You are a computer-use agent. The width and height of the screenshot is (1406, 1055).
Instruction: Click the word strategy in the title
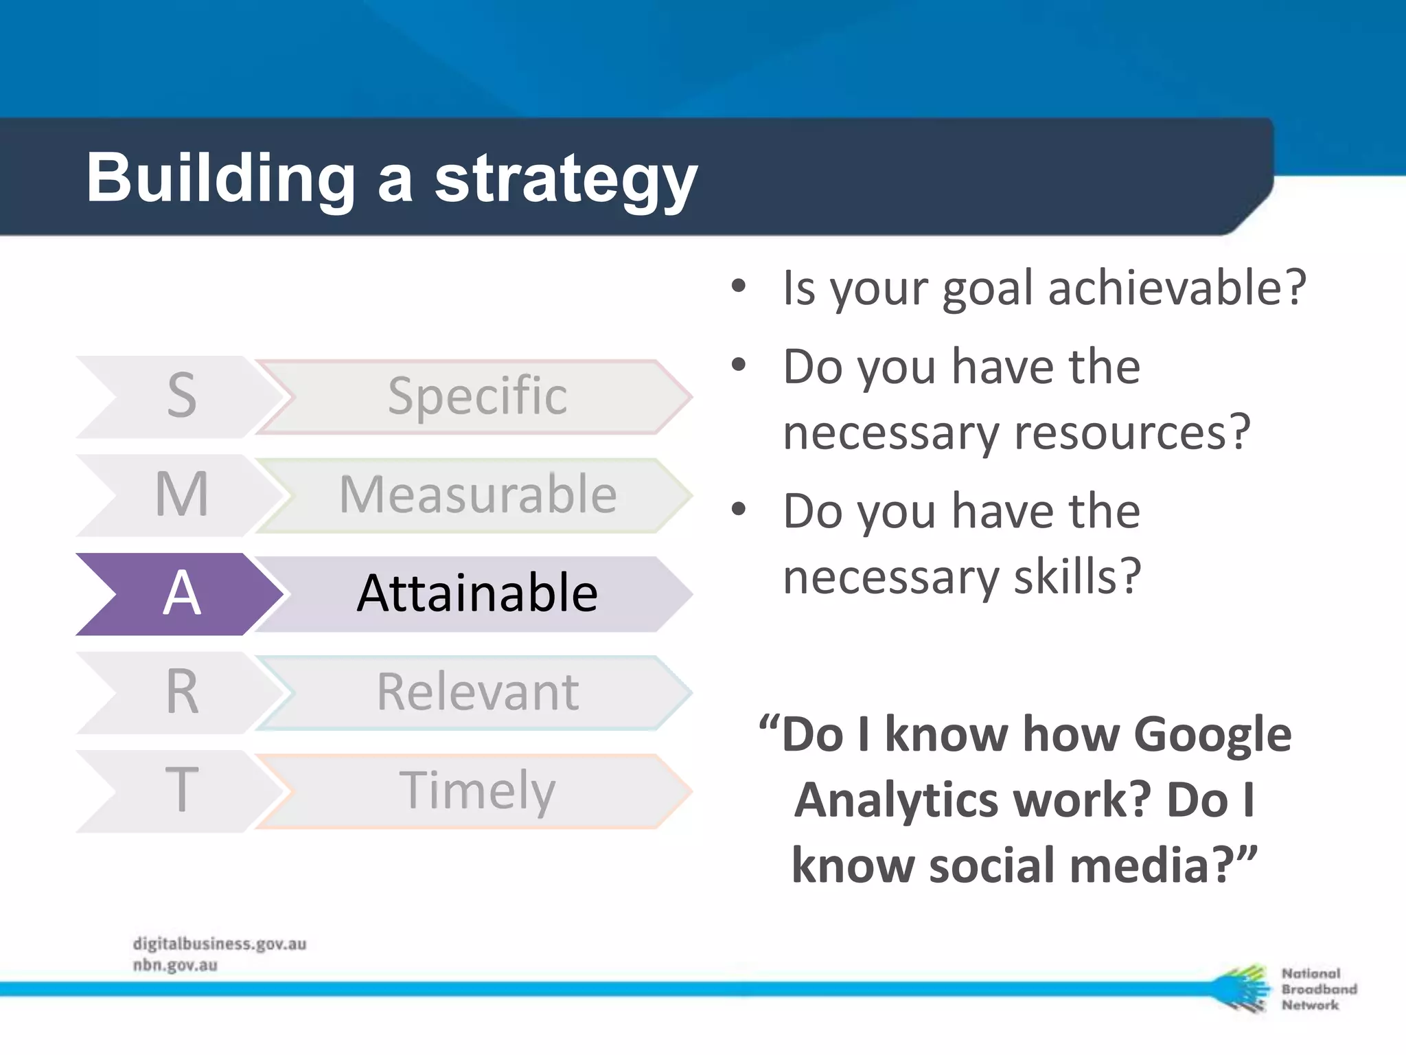click(x=566, y=180)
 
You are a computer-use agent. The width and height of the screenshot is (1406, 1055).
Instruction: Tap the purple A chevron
click(x=180, y=593)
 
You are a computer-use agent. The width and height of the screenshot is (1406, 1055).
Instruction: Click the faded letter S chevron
click(x=180, y=396)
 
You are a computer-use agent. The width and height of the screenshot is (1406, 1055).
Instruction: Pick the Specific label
click(x=476, y=396)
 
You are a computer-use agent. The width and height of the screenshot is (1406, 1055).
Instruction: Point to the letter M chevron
click(x=180, y=495)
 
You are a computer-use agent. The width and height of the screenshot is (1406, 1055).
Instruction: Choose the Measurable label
click(x=476, y=495)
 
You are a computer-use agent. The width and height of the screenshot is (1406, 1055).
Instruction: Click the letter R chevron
click(x=180, y=692)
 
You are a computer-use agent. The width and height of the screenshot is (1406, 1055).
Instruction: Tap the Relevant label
click(x=476, y=692)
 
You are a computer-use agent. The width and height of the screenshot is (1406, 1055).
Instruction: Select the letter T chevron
click(x=180, y=791)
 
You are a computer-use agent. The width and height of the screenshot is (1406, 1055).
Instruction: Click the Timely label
click(x=476, y=791)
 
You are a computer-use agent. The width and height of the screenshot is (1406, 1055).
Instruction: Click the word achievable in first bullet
click(x=1175, y=287)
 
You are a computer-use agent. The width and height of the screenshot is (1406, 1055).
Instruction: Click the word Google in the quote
click(x=1212, y=735)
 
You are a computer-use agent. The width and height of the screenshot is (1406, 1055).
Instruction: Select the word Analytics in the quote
click(x=896, y=801)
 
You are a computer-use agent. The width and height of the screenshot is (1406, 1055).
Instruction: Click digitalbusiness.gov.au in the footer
click(x=220, y=944)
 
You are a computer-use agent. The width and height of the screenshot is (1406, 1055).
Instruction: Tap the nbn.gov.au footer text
click(x=175, y=966)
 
